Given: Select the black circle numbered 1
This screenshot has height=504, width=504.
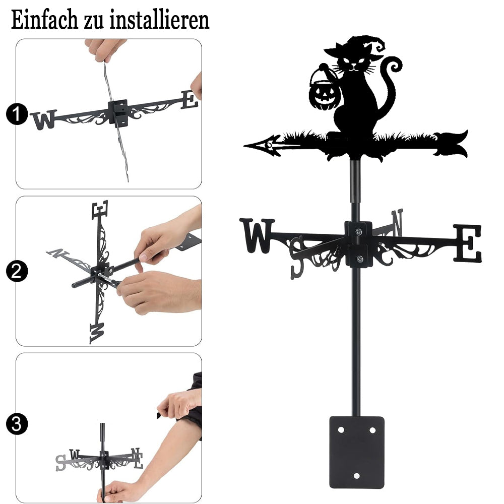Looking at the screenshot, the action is point(17,114).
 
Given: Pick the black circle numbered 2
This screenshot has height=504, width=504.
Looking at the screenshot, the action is point(17,271).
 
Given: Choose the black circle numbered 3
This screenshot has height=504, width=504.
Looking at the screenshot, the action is point(17,424).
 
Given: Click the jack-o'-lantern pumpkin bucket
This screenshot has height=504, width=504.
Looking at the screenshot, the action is point(324,92).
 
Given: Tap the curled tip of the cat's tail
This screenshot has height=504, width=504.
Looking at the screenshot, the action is point(394,66).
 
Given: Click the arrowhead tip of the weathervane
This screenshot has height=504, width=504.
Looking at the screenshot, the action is point(245,146).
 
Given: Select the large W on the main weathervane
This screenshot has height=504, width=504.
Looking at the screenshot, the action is point(257,235).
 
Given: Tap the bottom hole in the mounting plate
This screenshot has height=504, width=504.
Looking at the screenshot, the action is point(356,476).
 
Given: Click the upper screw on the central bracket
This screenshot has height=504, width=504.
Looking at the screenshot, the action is point(359,231).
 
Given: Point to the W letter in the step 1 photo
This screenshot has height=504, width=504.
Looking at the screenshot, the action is point(44,119).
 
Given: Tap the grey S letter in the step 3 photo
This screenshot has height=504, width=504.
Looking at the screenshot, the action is point(60,463).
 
